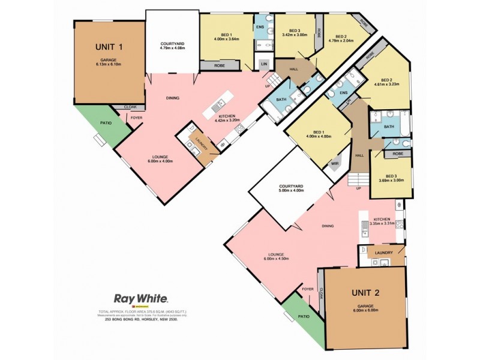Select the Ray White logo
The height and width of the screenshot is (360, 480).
pyautogui.click(x=140, y=298)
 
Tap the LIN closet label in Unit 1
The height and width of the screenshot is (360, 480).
pyautogui.click(x=264, y=64)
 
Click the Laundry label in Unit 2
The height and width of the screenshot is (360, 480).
pyautogui.click(x=383, y=253)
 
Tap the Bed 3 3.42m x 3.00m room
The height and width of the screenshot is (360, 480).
pyautogui.click(x=294, y=32)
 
